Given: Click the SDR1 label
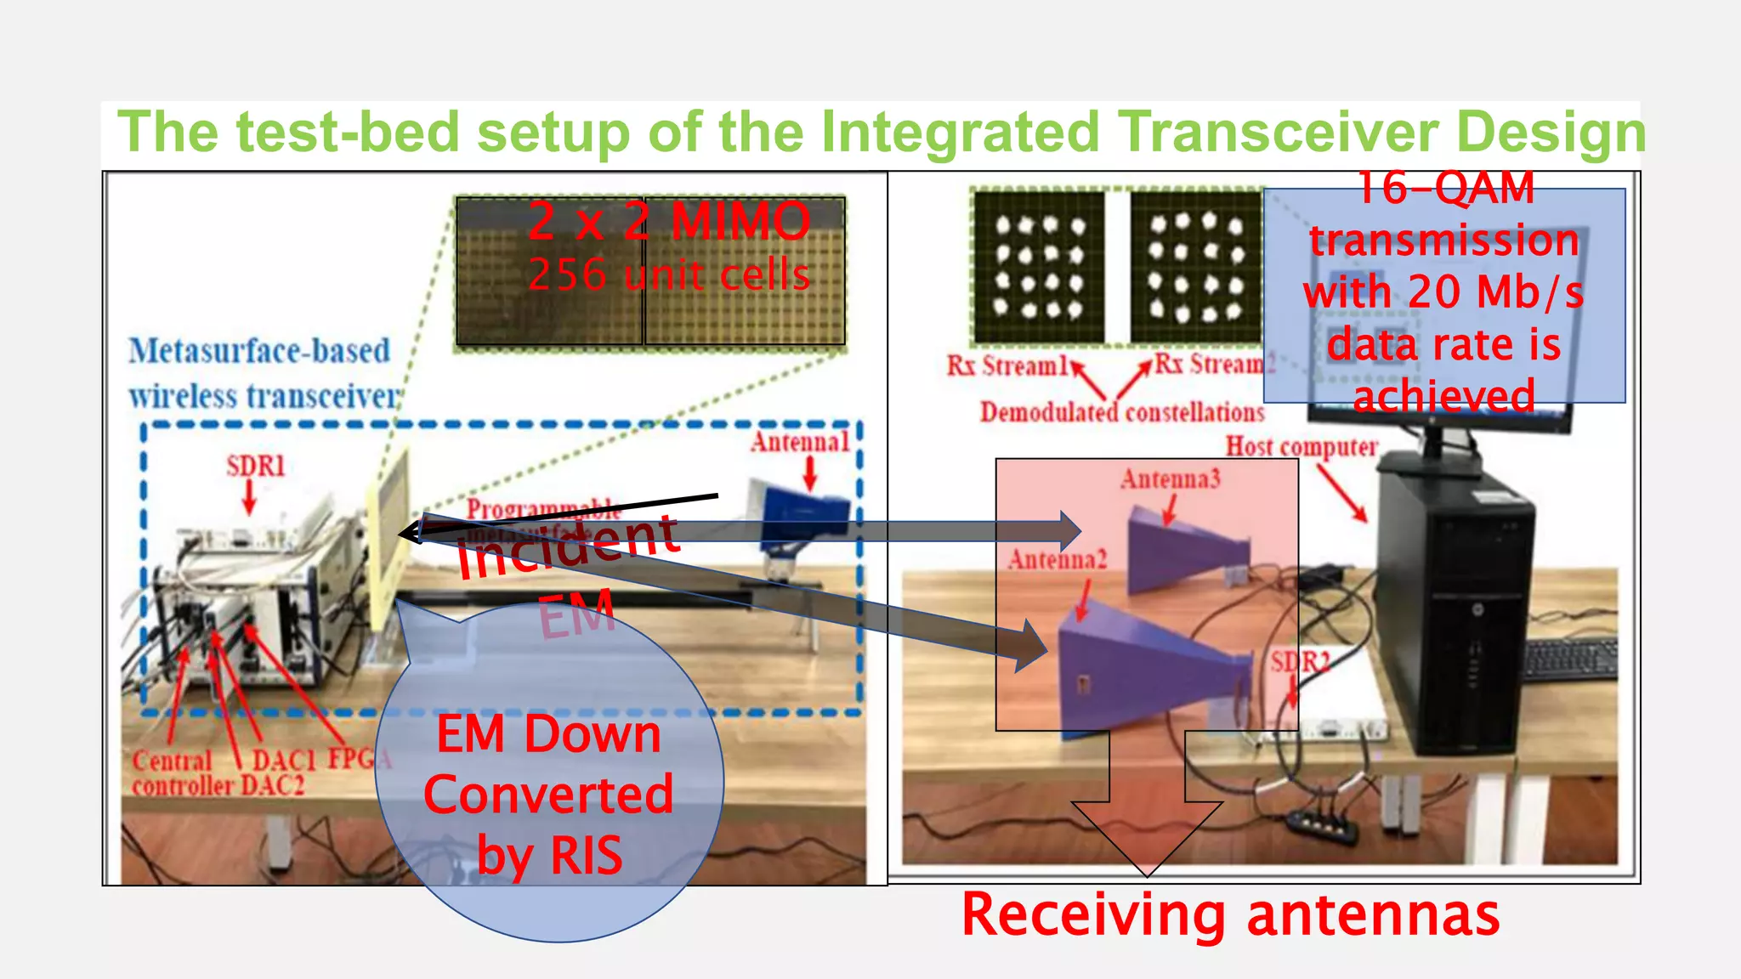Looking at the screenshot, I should coord(255,466).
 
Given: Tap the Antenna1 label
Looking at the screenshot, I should coord(799,442).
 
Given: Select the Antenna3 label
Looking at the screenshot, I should coord(1170,479).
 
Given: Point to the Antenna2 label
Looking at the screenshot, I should coord(1058,559).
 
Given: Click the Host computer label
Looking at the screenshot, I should coord(1301,447).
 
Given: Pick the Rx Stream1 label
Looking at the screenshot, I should coord(1007,365).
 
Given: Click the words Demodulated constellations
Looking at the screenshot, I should coord(1122,412).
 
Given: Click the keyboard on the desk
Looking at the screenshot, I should coord(1569,659).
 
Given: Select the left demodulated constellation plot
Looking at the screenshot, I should coord(1039,267).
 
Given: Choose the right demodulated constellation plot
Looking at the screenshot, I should coord(1195,267).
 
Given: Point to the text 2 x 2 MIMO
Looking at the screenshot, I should coord(668,221).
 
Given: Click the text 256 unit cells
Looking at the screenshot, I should coord(668,274).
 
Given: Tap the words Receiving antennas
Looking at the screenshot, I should coord(1230,915).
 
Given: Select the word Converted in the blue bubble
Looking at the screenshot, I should coord(548,795).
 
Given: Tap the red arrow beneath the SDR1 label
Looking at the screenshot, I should coord(249,498).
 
